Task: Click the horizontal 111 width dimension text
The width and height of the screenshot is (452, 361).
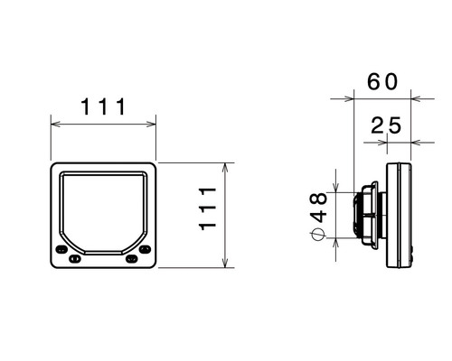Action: coord(103,106)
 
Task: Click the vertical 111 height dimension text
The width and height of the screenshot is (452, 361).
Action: coord(208,208)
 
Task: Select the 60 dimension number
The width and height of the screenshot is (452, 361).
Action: coord(382,82)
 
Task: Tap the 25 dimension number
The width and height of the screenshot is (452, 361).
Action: coord(386,125)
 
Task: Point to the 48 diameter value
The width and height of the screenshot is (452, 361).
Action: coord(318,208)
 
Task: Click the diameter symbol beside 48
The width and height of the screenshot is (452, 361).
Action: coord(318,234)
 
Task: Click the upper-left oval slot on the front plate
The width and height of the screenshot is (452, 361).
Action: coord(61,249)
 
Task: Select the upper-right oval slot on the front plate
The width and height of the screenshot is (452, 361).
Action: coord(145,249)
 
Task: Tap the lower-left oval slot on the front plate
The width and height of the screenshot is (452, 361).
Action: coord(75,258)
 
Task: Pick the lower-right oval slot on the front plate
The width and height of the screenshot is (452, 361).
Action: coord(131,258)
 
